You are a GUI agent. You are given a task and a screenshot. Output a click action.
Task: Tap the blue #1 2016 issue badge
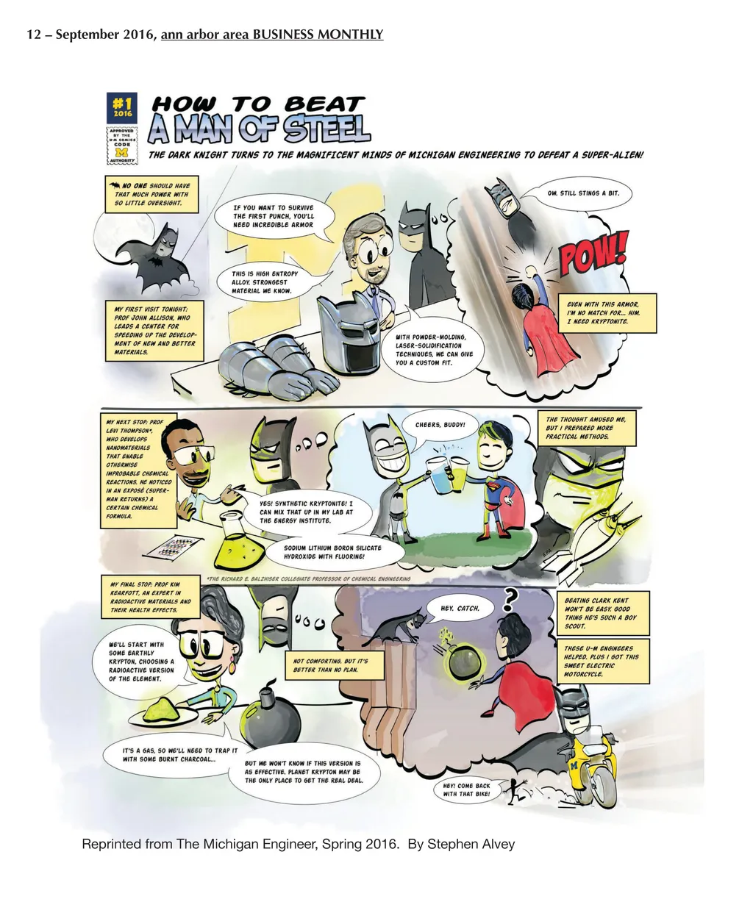(x=122, y=107)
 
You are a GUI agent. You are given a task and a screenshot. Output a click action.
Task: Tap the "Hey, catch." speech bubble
(x=460, y=608)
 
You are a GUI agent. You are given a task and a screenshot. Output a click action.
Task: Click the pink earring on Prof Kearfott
(x=232, y=667)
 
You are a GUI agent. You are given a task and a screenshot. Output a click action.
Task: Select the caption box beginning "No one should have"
(x=151, y=194)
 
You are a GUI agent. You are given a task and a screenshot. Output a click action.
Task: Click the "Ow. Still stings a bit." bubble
(x=582, y=194)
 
